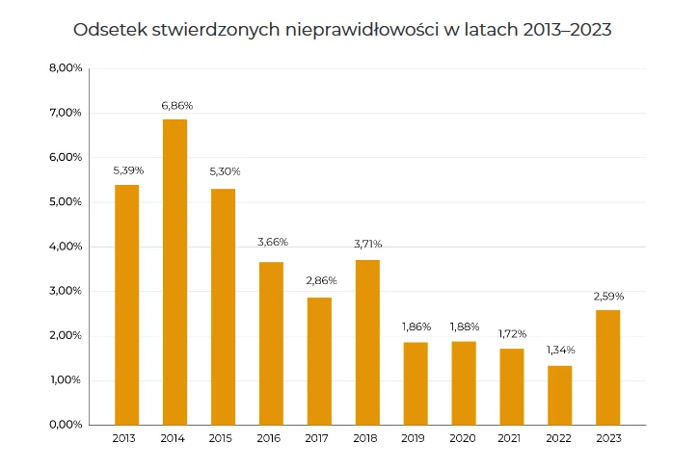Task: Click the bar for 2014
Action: [x=174, y=272]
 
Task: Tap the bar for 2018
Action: [x=367, y=342]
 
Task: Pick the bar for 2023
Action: [x=608, y=367]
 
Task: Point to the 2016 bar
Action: [x=271, y=343]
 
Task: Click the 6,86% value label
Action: [x=174, y=105]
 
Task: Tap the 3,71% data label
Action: [x=367, y=245]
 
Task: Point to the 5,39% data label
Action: [x=126, y=170]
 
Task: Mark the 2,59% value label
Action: [x=608, y=296]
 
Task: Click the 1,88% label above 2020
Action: [x=464, y=326]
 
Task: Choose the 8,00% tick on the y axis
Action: [x=65, y=68]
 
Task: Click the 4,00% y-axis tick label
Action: [x=65, y=247]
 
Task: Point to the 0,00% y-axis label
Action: [x=65, y=425]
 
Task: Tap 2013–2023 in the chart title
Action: [x=567, y=30]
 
